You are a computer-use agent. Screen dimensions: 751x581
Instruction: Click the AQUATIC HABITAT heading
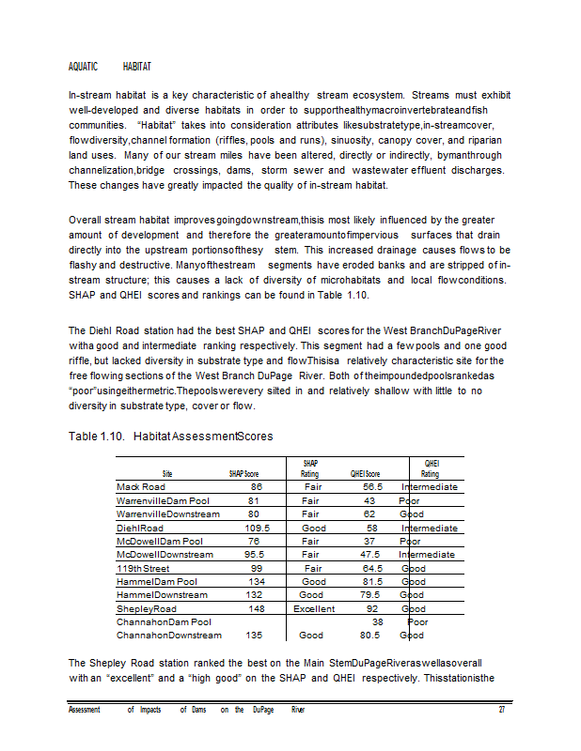pyautogui.click(x=111, y=68)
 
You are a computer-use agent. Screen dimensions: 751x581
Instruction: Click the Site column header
pyautogui.click(x=167, y=474)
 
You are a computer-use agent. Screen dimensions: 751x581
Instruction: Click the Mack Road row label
pyautogui.click(x=141, y=487)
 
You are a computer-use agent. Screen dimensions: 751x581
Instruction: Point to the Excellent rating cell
pyautogui.click(x=314, y=608)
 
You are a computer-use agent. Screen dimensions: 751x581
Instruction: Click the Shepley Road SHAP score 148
pyautogui.click(x=255, y=608)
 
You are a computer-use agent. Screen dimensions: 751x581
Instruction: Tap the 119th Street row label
pyautogui.click(x=143, y=568)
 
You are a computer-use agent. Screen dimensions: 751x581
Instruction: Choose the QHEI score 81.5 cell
pyautogui.click(x=372, y=582)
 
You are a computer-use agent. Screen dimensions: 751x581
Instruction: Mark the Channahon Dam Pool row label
pyautogui.click(x=164, y=621)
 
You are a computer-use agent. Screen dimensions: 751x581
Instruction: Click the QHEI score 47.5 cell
pyautogui.click(x=372, y=555)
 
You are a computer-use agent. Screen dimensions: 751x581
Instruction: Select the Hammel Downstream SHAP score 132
pyautogui.click(x=254, y=595)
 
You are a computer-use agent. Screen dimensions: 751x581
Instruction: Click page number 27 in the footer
pyautogui.click(x=502, y=710)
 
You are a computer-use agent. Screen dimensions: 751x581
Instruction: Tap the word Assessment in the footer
pyautogui.click(x=85, y=710)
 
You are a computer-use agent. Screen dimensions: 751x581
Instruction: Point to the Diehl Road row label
pyautogui.click(x=140, y=529)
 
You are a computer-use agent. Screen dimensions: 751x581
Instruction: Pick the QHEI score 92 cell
pyautogui.click(x=372, y=608)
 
